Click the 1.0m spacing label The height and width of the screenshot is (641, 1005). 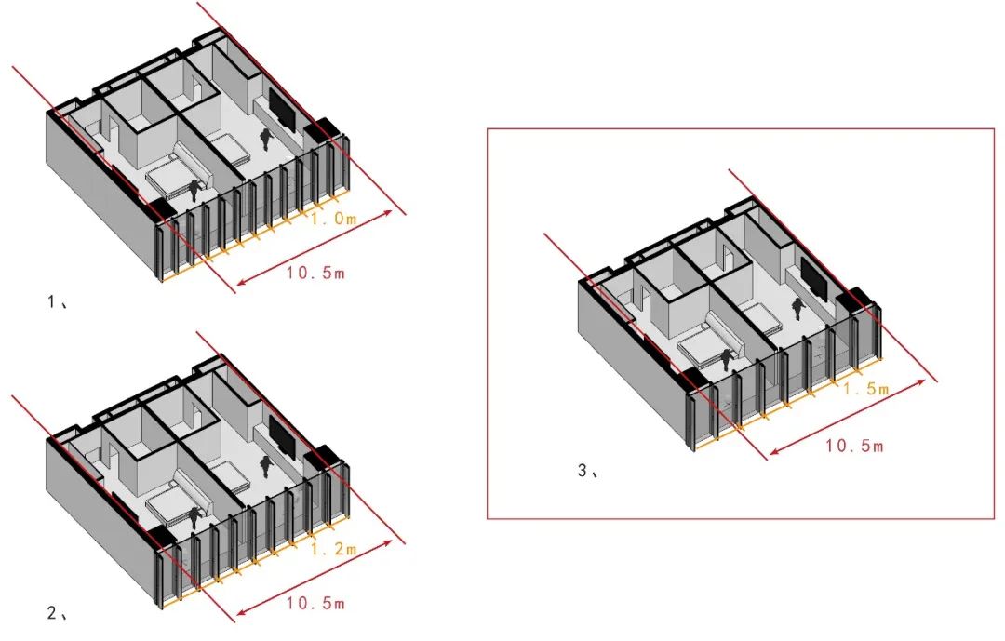(333, 219)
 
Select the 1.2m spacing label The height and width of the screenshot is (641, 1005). (333, 549)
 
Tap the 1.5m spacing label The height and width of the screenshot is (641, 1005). (866, 389)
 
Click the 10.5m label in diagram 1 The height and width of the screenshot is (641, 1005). (315, 273)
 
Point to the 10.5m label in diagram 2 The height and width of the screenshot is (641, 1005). (315, 603)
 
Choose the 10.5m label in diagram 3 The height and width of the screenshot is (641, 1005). (853, 446)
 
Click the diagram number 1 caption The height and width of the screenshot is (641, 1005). (57, 301)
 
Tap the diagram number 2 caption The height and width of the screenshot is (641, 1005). (57, 613)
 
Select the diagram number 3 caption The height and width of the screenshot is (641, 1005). (588, 471)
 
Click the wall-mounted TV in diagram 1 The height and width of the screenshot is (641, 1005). (282, 110)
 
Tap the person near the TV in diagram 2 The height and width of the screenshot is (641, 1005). (265, 467)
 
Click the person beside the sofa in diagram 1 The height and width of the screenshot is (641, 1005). (194, 192)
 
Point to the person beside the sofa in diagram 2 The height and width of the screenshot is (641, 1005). (194, 518)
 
